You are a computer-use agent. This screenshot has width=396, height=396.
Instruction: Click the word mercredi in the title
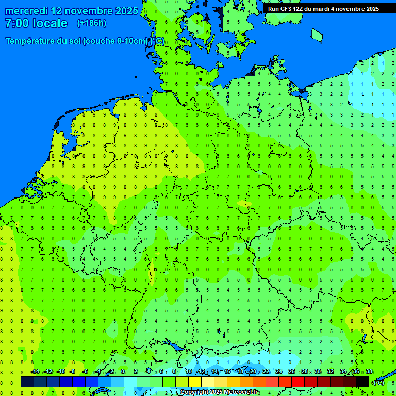[x=27, y=11]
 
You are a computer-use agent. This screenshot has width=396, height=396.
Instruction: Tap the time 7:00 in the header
[x=17, y=23]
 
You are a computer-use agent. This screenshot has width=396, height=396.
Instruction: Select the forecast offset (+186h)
[x=92, y=23]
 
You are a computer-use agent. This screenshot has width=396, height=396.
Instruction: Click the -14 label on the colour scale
[x=35, y=372]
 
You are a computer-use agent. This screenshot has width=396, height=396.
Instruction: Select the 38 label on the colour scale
[x=369, y=372]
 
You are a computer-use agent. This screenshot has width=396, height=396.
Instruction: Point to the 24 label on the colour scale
[x=279, y=372]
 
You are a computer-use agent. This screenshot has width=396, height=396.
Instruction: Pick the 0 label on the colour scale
[x=123, y=372]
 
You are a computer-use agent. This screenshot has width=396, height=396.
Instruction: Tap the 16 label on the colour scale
[x=227, y=372]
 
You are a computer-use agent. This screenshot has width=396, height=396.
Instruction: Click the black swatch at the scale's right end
[x=362, y=382]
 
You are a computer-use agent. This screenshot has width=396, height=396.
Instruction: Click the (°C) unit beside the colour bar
[x=378, y=382]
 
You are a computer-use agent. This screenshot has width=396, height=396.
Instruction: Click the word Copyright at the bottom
[x=194, y=392]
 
